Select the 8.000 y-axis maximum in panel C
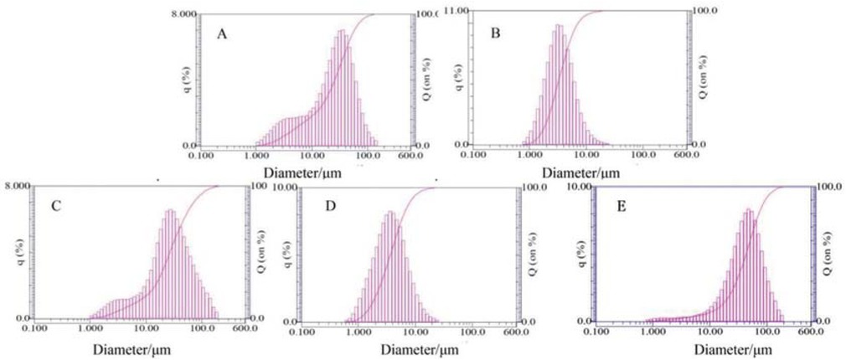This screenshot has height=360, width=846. (18, 185)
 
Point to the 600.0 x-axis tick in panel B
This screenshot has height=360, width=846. (686, 154)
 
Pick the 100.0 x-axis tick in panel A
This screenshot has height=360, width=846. (368, 155)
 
